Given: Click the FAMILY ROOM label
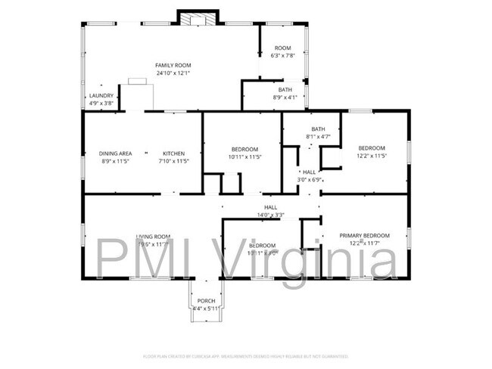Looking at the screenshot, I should pos(173,66).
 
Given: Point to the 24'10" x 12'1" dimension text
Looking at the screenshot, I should pos(173,73).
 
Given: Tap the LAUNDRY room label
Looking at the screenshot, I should pos(101,96).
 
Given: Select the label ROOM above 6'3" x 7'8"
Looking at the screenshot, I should pos(282,48).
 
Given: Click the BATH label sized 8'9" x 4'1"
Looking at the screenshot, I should pos(285,90).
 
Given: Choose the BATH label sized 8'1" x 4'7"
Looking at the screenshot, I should pos(318,129).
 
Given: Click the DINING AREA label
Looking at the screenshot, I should pos(115,153).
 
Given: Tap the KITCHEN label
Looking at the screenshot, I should pos(173,153).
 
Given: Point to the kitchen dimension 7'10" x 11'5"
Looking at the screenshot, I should pos(173,161).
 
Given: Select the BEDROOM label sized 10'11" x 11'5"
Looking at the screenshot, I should pos(244,149).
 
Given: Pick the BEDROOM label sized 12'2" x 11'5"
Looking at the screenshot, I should pos(372,148).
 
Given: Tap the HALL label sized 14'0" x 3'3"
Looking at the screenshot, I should pos(270,207).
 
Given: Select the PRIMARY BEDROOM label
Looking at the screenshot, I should pos(364,236).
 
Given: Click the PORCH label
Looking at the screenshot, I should pos(206,301).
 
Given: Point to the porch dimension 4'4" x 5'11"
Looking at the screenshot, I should pos(206,309).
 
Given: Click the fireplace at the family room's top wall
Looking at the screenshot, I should pos(198,17).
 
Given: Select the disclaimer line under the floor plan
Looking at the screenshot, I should pos(245,355).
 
